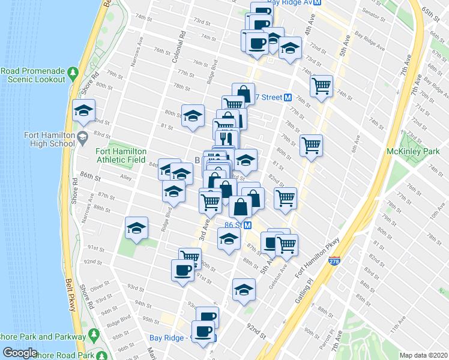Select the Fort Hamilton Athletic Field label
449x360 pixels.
click(x=120, y=155)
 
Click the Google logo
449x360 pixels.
click(x=20, y=353)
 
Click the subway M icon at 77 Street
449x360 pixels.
click(x=288, y=97)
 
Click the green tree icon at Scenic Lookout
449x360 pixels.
click(x=73, y=73)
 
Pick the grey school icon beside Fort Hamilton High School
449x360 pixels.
click(x=82, y=139)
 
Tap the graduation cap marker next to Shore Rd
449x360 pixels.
click(x=83, y=110)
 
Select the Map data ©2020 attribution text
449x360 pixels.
click(x=423, y=355)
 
